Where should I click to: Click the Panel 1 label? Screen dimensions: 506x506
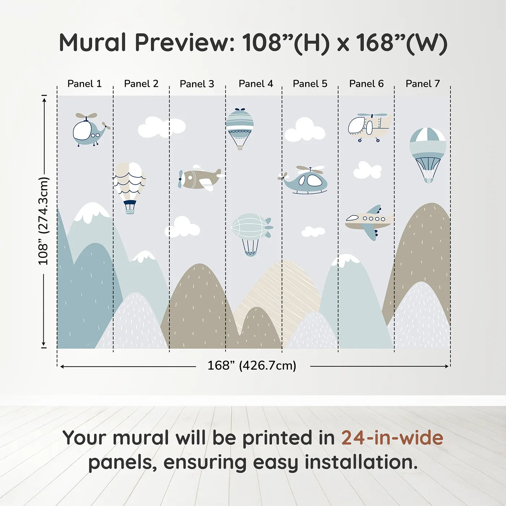[85, 84]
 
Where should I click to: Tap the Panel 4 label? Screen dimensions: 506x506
[256, 84]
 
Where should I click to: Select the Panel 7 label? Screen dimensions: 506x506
[423, 84]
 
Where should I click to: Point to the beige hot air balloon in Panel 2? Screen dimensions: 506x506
[130, 183]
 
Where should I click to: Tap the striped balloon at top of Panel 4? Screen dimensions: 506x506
[240, 126]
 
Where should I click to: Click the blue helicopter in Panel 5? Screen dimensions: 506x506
[306, 180]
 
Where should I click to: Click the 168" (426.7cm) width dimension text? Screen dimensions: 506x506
[252, 366]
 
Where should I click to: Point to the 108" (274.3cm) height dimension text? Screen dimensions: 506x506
[43, 221]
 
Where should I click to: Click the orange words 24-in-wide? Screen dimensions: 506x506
[392, 438]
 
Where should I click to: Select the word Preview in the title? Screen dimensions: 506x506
[185, 43]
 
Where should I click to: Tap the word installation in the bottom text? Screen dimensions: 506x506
[361, 462]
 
